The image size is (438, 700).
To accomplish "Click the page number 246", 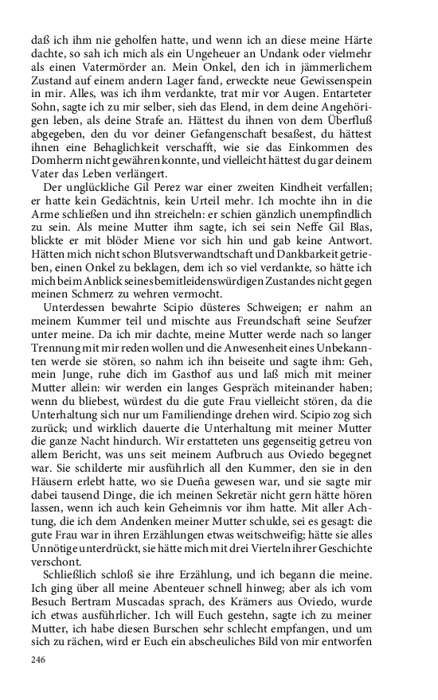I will tap(40, 659).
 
